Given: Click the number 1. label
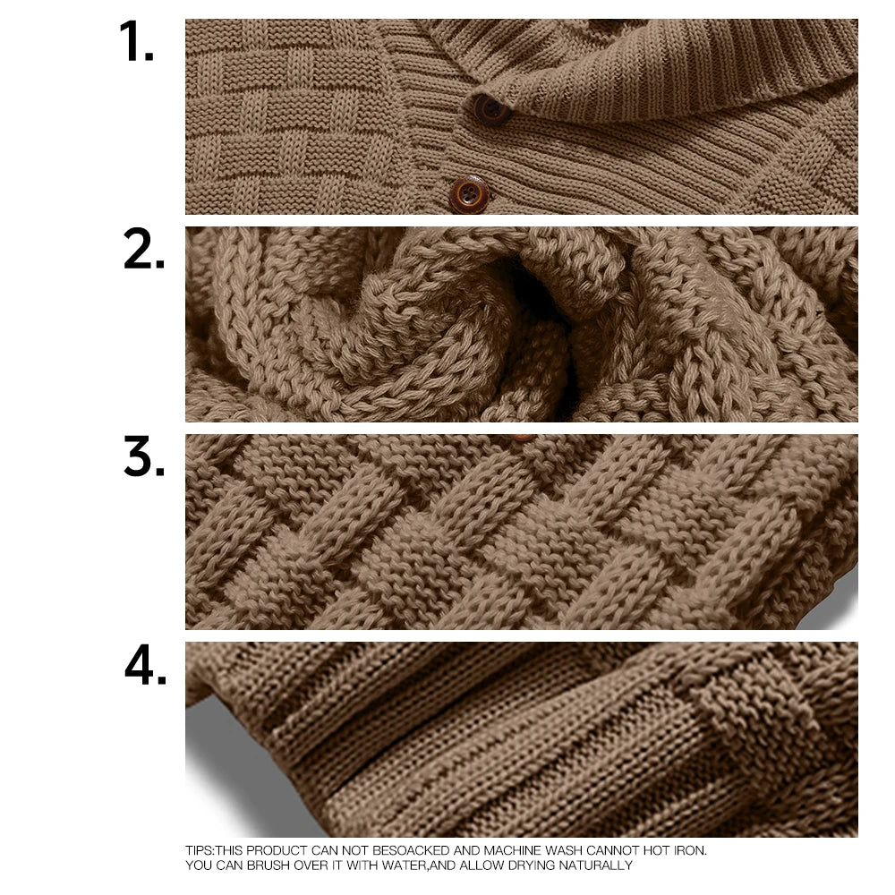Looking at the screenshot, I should [x=136, y=43].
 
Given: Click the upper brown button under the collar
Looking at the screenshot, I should [x=490, y=108].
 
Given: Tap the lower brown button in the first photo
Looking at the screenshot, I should [x=469, y=193].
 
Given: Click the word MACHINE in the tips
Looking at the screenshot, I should [x=517, y=850].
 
